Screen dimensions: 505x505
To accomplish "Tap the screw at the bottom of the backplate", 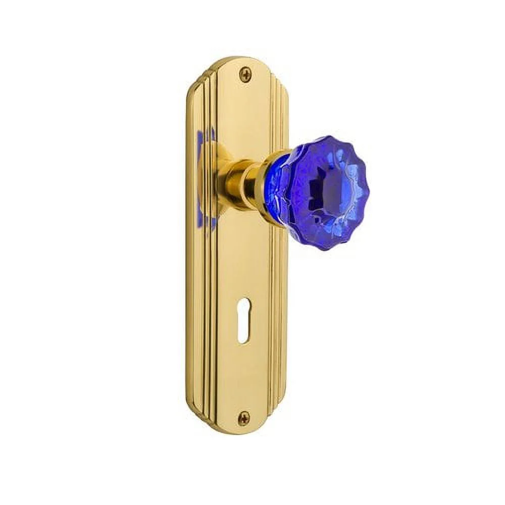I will [244, 417].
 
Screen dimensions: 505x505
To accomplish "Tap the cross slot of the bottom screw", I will [244, 417].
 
